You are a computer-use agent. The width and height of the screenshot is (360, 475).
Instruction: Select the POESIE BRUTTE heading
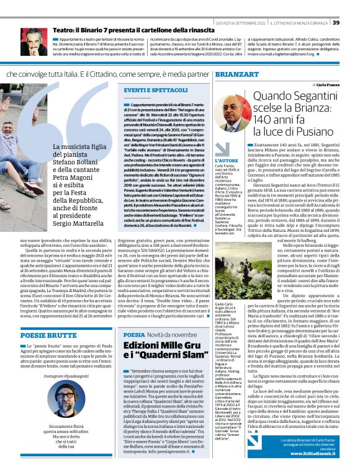pyautogui.click(x=38, y=334)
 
